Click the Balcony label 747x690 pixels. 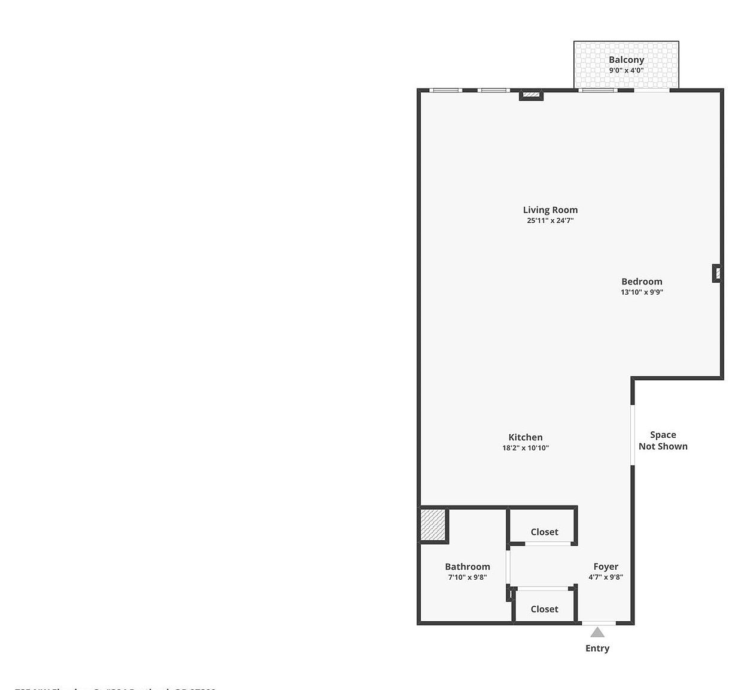tap(626, 59)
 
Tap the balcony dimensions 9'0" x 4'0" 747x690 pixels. tap(626, 70)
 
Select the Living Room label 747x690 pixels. tap(550, 210)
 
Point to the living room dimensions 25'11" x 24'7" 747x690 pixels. tap(550, 220)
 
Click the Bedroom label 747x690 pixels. tap(642, 282)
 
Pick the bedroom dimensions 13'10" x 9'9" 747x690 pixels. tap(642, 292)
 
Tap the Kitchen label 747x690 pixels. tap(526, 437)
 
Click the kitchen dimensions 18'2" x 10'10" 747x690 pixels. tap(526, 448)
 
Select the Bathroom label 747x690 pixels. tap(467, 567)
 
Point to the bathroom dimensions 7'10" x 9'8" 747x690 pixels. tap(467, 577)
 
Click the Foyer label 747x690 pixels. tap(606, 567)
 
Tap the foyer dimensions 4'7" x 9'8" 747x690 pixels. tap(606, 577)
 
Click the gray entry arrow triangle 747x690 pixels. tap(597, 632)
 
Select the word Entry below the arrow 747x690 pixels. tap(597, 648)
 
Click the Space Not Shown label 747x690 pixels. tap(663, 441)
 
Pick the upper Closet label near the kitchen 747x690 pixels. tap(544, 532)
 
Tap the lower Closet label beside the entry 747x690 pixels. tap(544, 609)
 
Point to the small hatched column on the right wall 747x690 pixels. tap(717, 273)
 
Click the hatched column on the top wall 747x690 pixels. tap(531, 94)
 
